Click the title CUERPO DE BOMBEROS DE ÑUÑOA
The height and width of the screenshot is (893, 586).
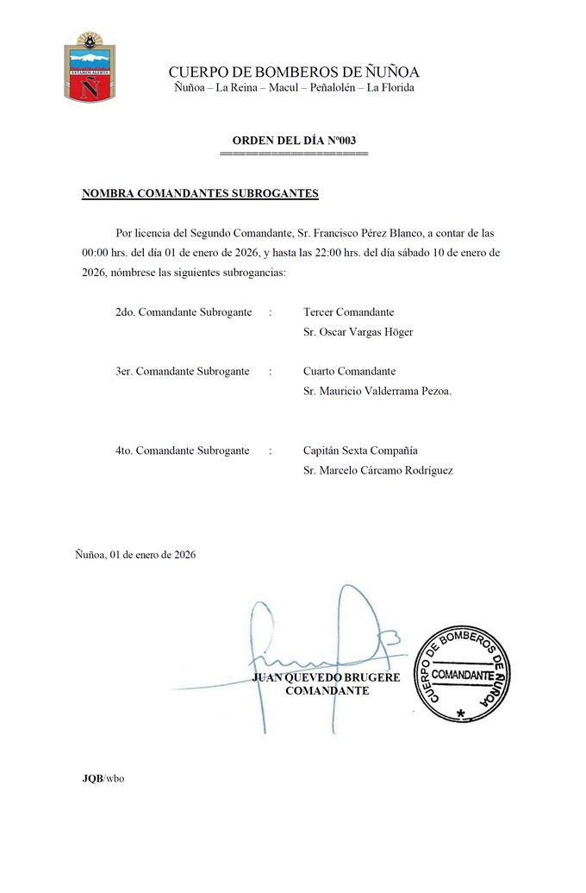click(294, 72)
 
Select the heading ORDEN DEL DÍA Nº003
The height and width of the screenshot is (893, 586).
click(294, 140)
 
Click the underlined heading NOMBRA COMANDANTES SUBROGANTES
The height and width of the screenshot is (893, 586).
click(200, 194)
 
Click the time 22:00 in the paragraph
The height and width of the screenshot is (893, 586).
click(336, 253)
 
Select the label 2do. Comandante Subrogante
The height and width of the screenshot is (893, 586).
click(183, 311)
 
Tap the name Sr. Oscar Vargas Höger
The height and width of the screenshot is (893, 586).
click(358, 332)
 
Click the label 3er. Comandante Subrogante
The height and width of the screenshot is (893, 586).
click(182, 371)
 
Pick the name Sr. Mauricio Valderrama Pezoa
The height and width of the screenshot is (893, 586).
click(377, 391)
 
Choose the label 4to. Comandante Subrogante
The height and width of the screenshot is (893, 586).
click(182, 450)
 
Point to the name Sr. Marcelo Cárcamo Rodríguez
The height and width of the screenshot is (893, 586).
click(378, 470)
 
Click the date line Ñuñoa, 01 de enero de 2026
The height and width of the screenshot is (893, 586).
click(135, 555)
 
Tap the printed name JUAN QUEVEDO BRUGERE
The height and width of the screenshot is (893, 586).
click(326, 678)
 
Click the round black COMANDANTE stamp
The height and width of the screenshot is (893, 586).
click(462, 674)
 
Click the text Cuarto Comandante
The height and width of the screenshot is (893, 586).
click(349, 371)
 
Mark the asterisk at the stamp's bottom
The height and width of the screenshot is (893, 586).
click(461, 714)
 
